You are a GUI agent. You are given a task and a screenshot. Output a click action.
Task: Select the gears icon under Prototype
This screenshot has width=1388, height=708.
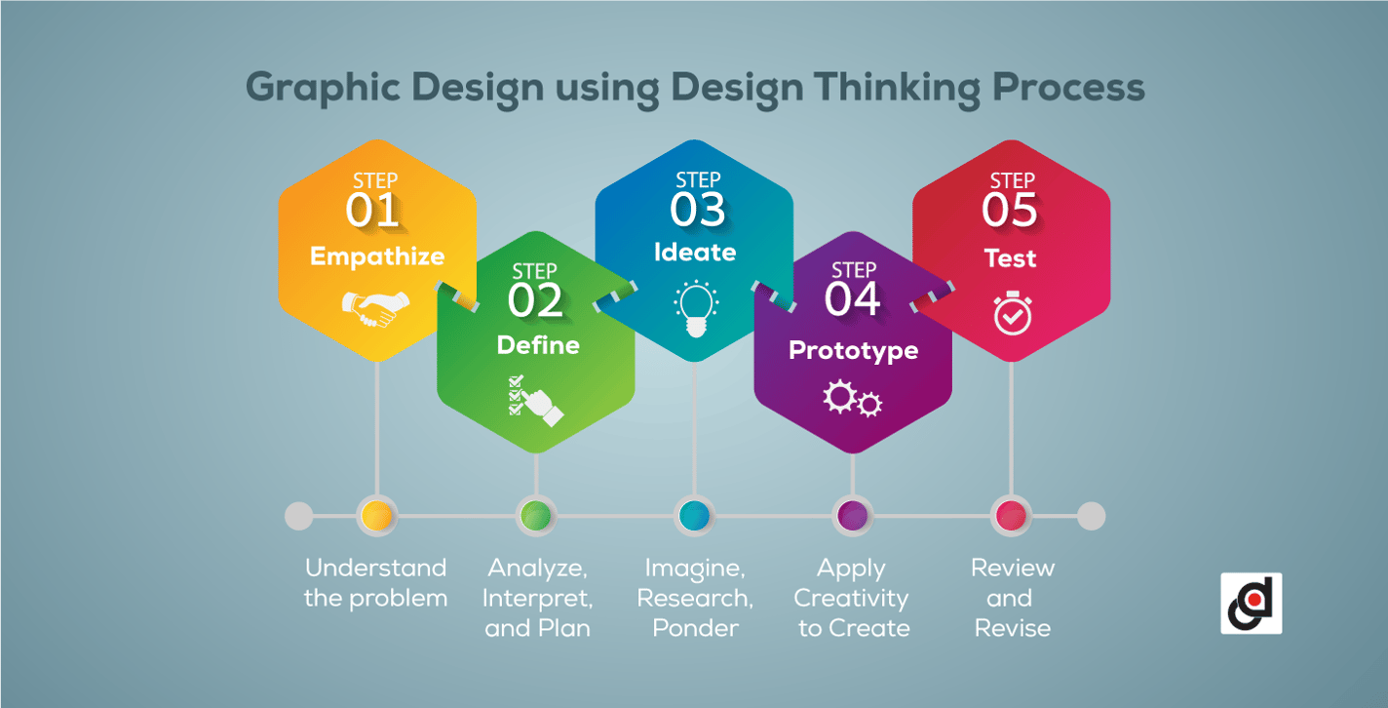click(852, 399)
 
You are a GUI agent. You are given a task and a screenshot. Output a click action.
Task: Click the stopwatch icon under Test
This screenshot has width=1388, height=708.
click(1012, 312)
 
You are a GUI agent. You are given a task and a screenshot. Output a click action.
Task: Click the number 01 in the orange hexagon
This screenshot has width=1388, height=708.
click(373, 211)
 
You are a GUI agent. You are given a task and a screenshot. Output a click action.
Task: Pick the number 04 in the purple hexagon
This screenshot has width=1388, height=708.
click(853, 299)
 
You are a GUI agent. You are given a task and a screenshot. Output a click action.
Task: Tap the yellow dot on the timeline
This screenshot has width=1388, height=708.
click(376, 516)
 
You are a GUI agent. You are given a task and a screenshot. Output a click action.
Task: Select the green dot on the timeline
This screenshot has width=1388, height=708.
click(535, 516)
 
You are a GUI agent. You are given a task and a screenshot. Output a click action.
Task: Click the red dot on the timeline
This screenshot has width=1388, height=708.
click(1011, 516)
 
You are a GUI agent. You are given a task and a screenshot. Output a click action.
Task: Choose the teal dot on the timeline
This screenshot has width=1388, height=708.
click(694, 516)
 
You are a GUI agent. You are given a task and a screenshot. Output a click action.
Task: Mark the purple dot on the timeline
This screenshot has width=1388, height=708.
click(853, 516)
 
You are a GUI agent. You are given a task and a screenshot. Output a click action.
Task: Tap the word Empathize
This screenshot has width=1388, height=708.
click(377, 256)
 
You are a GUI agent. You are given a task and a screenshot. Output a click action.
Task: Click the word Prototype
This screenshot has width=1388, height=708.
click(853, 350)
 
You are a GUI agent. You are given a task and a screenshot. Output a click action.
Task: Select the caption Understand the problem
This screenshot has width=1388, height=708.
click(376, 583)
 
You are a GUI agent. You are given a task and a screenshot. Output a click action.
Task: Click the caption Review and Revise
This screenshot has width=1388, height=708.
click(1013, 598)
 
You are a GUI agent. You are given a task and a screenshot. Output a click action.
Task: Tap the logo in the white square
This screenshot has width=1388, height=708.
click(1252, 604)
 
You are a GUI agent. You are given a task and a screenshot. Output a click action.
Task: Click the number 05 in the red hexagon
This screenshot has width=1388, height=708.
click(1011, 211)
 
